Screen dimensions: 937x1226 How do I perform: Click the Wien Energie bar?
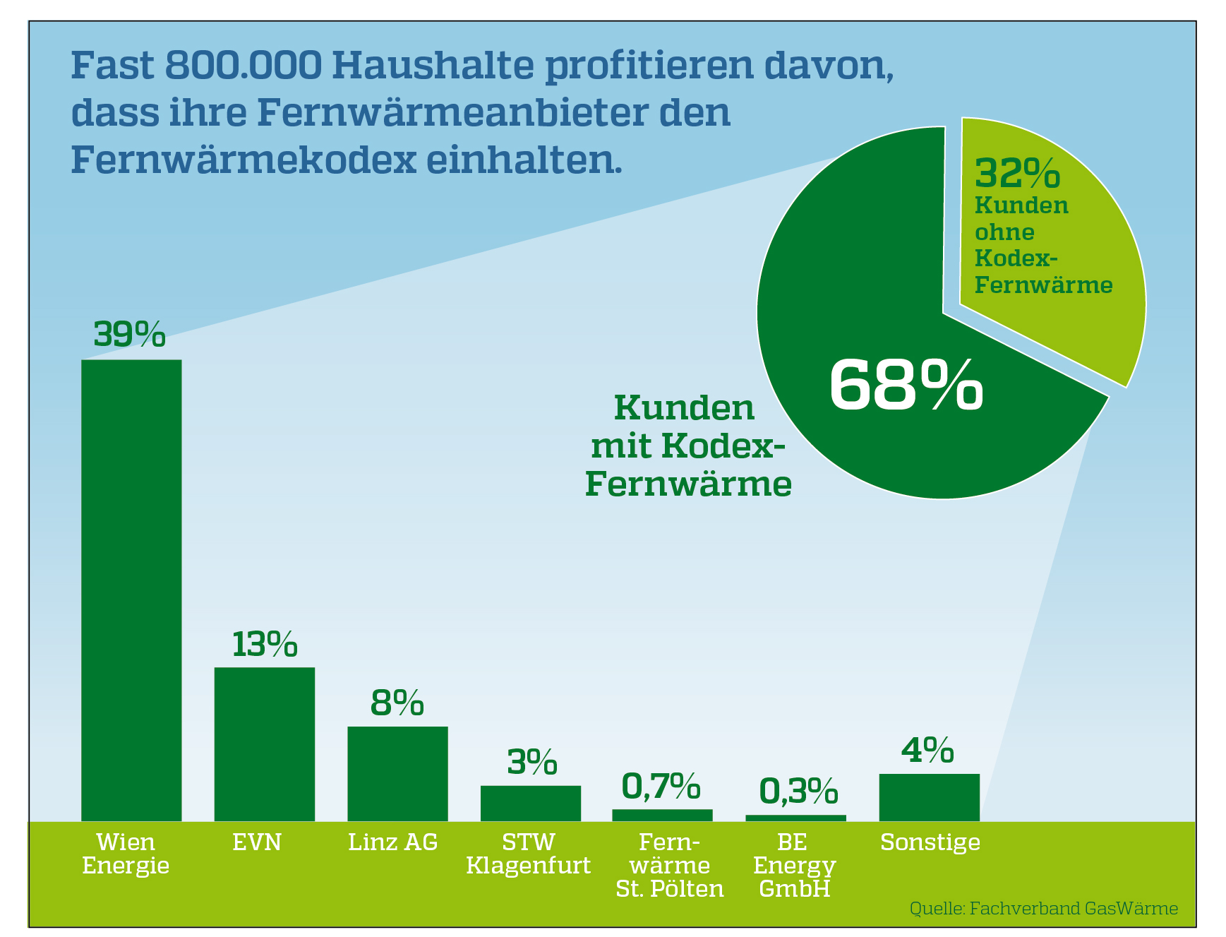[x=131, y=590]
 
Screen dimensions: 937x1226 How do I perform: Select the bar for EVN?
[x=264, y=744]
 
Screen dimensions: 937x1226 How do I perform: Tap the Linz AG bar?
[x=397, y=773]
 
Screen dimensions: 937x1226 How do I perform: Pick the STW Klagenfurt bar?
[x=531, y=803]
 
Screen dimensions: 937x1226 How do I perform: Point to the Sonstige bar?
[x=929, y=797]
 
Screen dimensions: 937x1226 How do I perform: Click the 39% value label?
[x=130, y=335]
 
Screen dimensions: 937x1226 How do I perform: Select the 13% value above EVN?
[x=265, y=644]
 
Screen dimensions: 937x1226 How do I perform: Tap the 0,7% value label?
[x=661, y=787]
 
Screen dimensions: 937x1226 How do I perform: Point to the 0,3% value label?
[x=798, y=792]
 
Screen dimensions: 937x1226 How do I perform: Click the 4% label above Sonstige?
[x=927, y=750]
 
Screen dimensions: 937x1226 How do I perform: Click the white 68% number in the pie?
[x=906, y=385]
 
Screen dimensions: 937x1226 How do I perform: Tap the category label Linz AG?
[x=393, y=842]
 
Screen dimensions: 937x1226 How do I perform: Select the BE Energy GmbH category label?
[x=794, y=865]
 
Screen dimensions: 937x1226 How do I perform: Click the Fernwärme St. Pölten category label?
[x=670, y=865]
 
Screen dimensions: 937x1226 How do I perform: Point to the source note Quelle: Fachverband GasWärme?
[x=1043, y=908]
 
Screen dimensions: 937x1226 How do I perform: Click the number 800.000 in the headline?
[x=243, y=66]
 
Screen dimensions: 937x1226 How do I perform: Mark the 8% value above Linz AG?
[x=397, y=703]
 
